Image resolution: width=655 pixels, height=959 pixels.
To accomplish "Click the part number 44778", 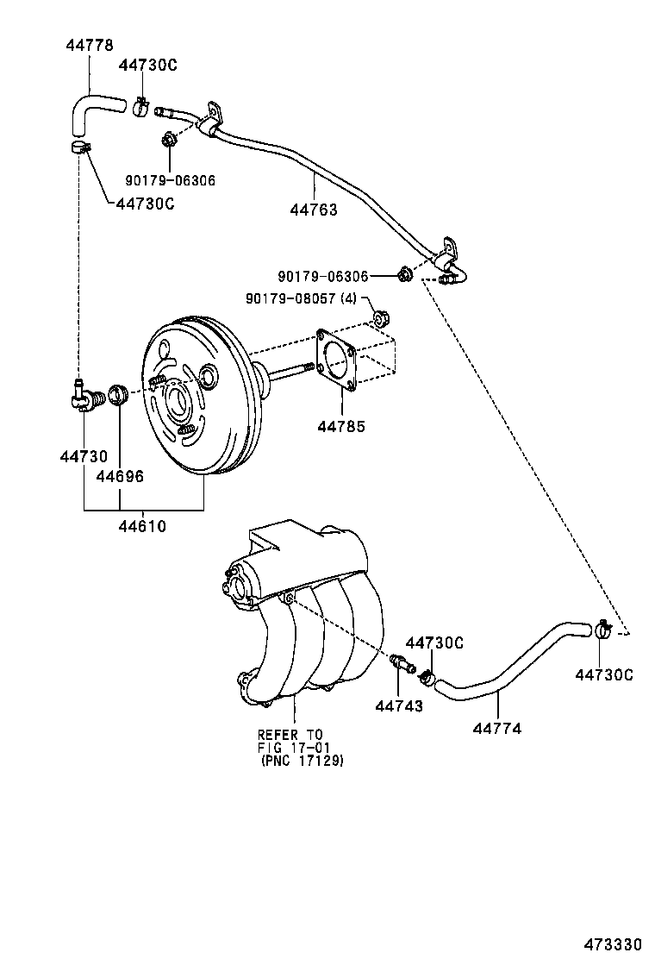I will click(x=90, y=44).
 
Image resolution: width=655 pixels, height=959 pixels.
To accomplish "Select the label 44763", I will click(x=314, y=210).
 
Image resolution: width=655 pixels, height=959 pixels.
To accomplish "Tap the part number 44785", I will click(x=340, y=426).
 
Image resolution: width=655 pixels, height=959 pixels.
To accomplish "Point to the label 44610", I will click(x=143, y=526).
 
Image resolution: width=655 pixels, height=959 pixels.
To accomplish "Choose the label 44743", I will click(x=399, y=706).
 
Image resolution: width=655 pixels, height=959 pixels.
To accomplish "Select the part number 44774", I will click(x=497, y=729).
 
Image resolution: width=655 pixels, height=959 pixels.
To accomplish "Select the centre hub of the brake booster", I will click(x=178, y=401).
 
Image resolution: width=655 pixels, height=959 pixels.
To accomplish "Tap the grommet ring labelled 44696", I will click(x=119, y=397).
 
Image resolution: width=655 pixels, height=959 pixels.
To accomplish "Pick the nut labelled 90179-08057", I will click(x=377, y=322).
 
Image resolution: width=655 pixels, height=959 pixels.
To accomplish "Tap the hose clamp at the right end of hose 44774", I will click(x=602, y=631).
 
